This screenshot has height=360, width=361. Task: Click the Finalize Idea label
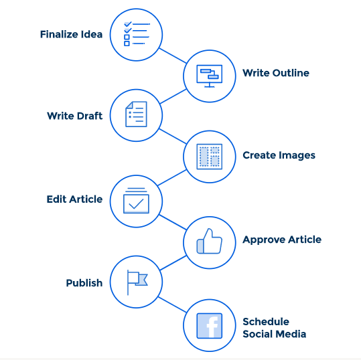[72, 35]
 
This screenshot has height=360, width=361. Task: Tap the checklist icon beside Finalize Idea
[137, 34]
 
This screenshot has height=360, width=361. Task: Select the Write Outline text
[276, 73]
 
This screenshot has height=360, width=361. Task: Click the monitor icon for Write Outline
[210, 76]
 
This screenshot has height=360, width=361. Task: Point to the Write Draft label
[74, 116]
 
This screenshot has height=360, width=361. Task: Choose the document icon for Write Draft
[136, 114]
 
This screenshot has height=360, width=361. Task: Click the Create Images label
[279, 155]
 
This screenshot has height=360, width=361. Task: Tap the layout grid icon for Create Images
[210, 157]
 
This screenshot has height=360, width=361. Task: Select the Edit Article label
[74, 199]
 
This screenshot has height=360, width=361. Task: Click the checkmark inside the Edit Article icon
[136, 204]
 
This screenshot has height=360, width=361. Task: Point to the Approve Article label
[282, 240]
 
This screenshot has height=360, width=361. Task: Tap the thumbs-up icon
[209, 242]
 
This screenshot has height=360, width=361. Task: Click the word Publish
[84, 283]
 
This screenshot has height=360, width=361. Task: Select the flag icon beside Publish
[137, 282]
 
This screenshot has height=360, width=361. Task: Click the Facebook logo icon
[210, 326]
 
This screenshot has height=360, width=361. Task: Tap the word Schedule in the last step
[266, 322]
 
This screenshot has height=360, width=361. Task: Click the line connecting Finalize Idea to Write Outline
[173, 56]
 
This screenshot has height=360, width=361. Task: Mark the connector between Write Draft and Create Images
[173, 137]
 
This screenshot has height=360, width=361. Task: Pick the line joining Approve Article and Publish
[173, 263]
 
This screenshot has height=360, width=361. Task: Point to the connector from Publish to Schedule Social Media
[172, 304]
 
